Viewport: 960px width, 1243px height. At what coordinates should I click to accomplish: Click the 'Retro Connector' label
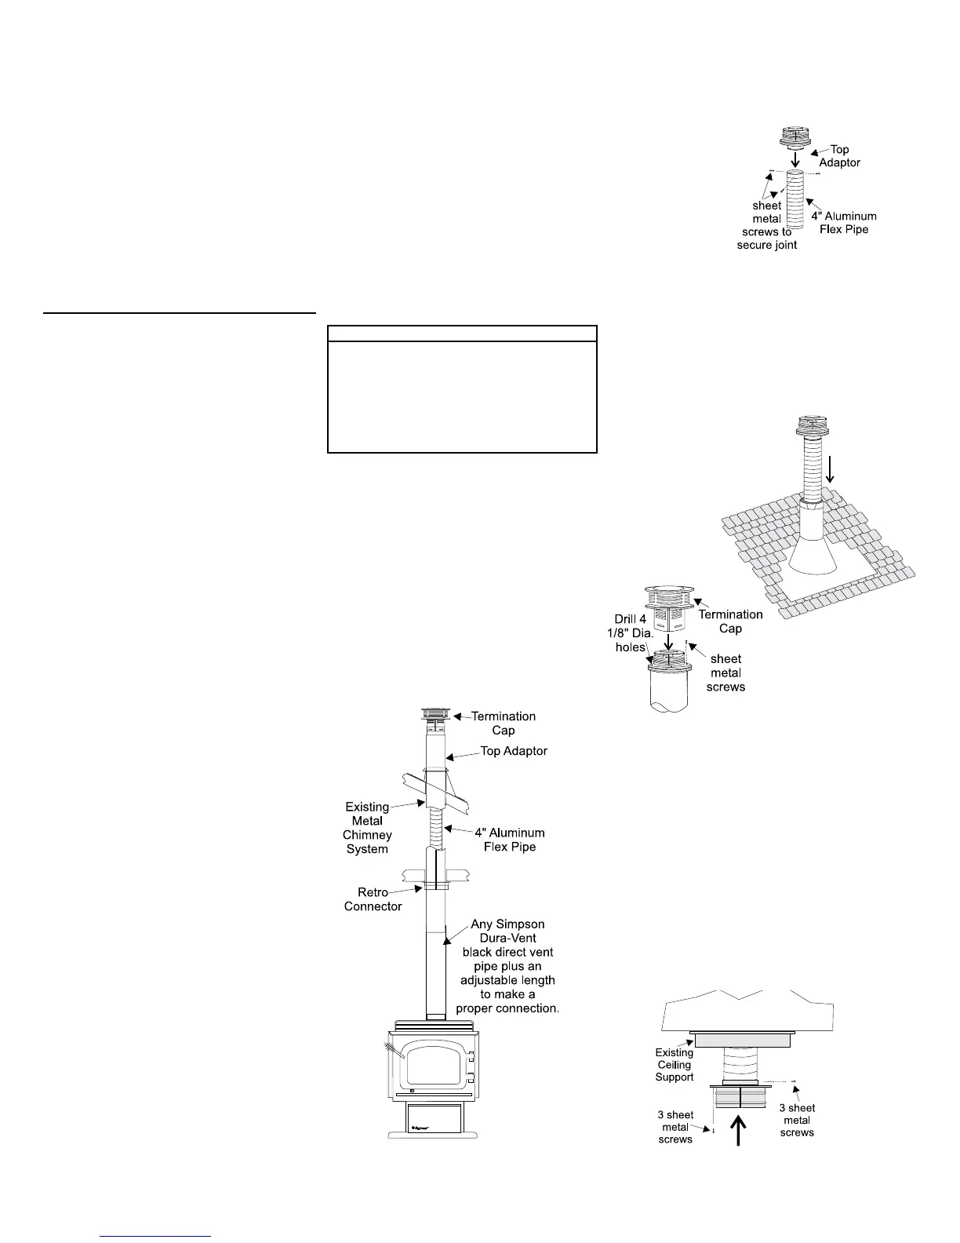[x=373, y=899]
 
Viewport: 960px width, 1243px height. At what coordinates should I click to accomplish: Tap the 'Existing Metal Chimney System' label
[x=367, y=828]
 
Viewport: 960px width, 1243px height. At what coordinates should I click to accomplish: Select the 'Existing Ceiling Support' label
[x=675, y=1065]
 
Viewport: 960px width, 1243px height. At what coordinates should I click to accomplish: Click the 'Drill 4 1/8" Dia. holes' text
[x=631, y=633]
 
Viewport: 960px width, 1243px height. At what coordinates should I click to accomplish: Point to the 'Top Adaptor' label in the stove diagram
[x=514, y=751]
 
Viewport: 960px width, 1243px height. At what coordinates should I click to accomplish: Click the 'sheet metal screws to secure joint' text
[x=767, y=225]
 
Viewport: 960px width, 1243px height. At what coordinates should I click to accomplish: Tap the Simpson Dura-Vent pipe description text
[x=507, y=966]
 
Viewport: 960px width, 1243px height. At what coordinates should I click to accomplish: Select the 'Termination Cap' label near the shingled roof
[x=730, y=621]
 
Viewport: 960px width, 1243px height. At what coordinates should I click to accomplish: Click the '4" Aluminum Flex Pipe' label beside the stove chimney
[x=510, y=840]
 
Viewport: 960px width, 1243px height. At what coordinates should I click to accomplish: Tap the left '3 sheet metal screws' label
[x=675, y=1127]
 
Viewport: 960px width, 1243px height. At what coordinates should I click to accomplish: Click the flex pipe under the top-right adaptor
[x=795, y=200]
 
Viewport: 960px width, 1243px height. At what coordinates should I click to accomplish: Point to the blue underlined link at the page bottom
[x=156, y=1236]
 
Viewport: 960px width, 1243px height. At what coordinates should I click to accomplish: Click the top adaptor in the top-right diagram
[x=795, y=138]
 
